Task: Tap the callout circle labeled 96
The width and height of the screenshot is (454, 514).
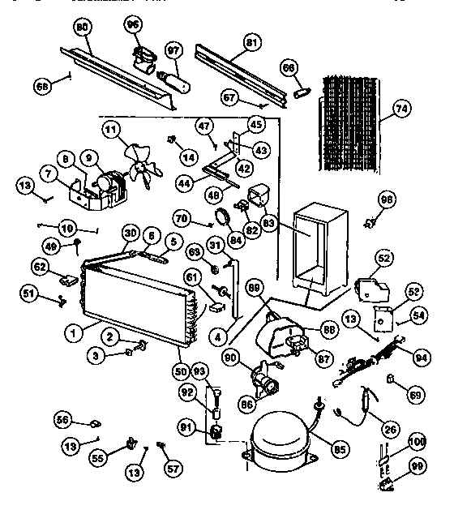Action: coord(132,25)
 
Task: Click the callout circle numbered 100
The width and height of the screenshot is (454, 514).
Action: coord(416,442)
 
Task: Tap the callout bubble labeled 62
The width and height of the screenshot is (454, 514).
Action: coord(41,265)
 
